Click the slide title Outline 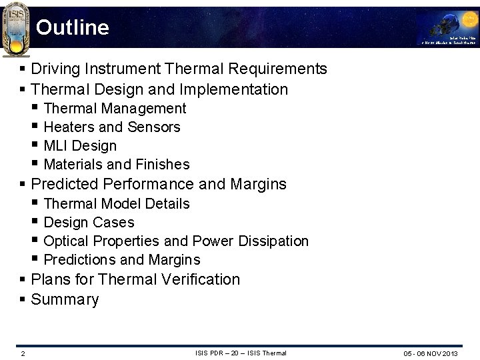coord(73,27)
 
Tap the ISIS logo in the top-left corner coord(16,29)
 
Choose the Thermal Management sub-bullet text coord(115,108)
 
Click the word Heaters coord(69,127)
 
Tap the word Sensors coord(154,127)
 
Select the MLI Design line coord(80,145)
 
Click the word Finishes coord(163,164)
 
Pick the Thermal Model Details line coord(117,203)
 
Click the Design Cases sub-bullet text coord(89,222)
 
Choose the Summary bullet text coord(65,299)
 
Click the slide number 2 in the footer coord(23,353)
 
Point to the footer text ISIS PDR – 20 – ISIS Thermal coord(241,353)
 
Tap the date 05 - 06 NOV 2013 coord(430,353)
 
